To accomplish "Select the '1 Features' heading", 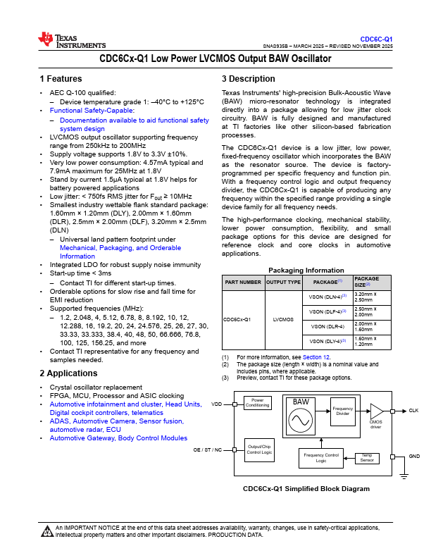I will coord(61,79).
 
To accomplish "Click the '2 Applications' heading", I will coord(68,373).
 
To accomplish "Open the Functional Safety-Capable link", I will coord(92,111).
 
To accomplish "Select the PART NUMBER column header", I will coord(242,282).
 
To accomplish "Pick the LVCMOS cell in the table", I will coord(283,319).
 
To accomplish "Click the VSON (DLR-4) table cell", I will coord(327,326).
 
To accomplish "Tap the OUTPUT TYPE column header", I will coord(283,282).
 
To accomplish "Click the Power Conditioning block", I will coord(257,403).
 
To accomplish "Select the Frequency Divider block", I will coord(343,411).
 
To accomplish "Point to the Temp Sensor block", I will coord(366,459).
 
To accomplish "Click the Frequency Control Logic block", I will coord(320,458).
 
